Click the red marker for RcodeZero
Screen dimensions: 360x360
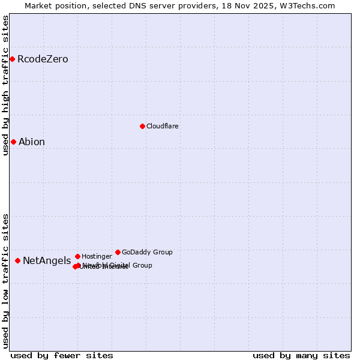(x=12, y=59)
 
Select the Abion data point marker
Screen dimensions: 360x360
(x=13, y=142)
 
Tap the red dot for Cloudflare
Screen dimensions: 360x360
(x=142, y=126)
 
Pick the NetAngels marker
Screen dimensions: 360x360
(x=17, y=260)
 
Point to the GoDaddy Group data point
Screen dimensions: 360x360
(x=118, y=252)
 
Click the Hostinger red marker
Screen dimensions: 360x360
(x=77, y=256)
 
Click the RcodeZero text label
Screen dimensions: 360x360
(x=43, y=59)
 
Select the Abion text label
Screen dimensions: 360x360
(x=32, y=142)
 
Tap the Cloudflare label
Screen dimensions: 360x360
(x=163, y=126)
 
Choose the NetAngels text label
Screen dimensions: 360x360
(x=47, y=260)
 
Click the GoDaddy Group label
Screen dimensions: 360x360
(x=147, y=252)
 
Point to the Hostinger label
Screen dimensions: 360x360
(x=97, y=256)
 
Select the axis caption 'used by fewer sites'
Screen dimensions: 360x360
(x=62, y=355)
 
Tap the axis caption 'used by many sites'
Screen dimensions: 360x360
(x=301, y=355)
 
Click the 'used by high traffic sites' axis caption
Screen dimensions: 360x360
(x=5, y=85)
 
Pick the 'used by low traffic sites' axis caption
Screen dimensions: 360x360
(x=5, y=281)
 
